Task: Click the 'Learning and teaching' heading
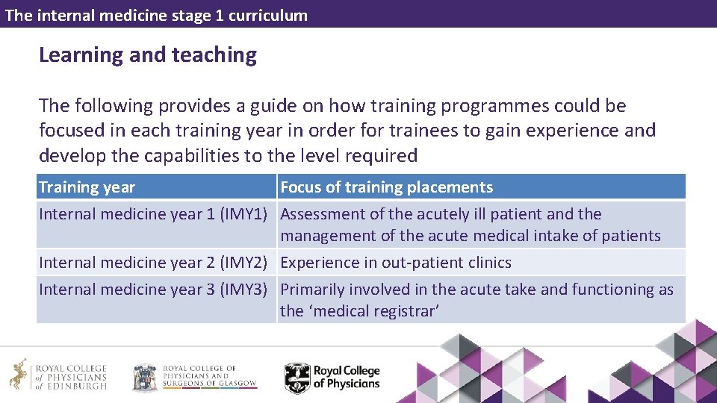coord(148,55)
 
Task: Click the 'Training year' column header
coord(87,187)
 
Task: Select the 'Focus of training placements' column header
coord(386,187)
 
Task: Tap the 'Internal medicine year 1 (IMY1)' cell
coord(153,215)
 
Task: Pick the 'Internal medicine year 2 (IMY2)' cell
coord(153,263)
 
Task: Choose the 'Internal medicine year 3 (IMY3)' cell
coord(153,290)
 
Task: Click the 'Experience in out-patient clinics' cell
coord(396,263)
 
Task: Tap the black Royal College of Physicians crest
coord(297,378)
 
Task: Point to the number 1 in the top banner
coord(219,15)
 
